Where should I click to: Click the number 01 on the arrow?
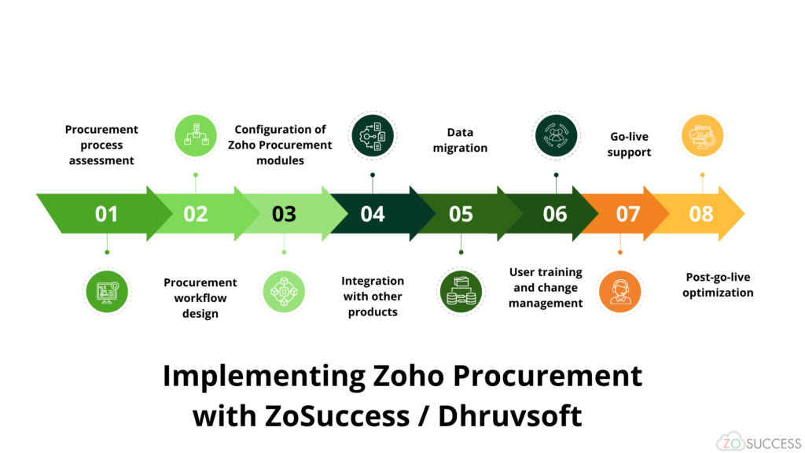tap(106, 214)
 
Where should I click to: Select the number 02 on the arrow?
tap(195, 214)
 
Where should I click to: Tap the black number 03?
tap(284, 214)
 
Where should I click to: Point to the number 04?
tap(373, 214)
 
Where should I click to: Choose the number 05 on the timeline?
tap(461, 214)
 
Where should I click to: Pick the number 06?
tap(554, 214)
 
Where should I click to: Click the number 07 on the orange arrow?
tap(627, 214)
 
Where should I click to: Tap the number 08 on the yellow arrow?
tap(700, 214)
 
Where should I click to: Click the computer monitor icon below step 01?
tap(107, 292)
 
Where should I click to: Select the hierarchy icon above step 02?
tap(196, 135)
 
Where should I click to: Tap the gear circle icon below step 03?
tap(284, 292)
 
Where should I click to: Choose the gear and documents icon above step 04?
tap(373, 135)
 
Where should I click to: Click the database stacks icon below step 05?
tap(461, 292)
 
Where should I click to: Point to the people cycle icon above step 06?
tap(556, 135)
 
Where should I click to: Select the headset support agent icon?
tap(620, 291)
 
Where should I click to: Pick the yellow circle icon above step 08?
tap(702, 135)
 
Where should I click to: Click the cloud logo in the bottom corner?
tap(731, 441)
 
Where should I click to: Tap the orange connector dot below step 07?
tap(620, 252)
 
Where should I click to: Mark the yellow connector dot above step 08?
tap(703, 175)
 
